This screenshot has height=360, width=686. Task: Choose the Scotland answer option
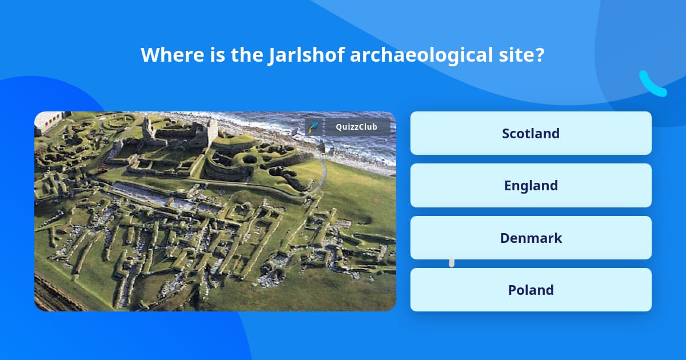point(531,133)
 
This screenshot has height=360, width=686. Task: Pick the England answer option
point(531,185)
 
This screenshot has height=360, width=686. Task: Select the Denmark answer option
point(531,238)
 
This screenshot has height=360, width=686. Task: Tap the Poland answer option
point(531,290)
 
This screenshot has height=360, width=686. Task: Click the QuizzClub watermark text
point(357,127)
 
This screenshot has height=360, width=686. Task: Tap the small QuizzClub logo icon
point(313,127)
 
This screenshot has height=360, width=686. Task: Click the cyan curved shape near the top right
point(652,84)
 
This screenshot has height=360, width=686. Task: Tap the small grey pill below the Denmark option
point(452,263)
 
